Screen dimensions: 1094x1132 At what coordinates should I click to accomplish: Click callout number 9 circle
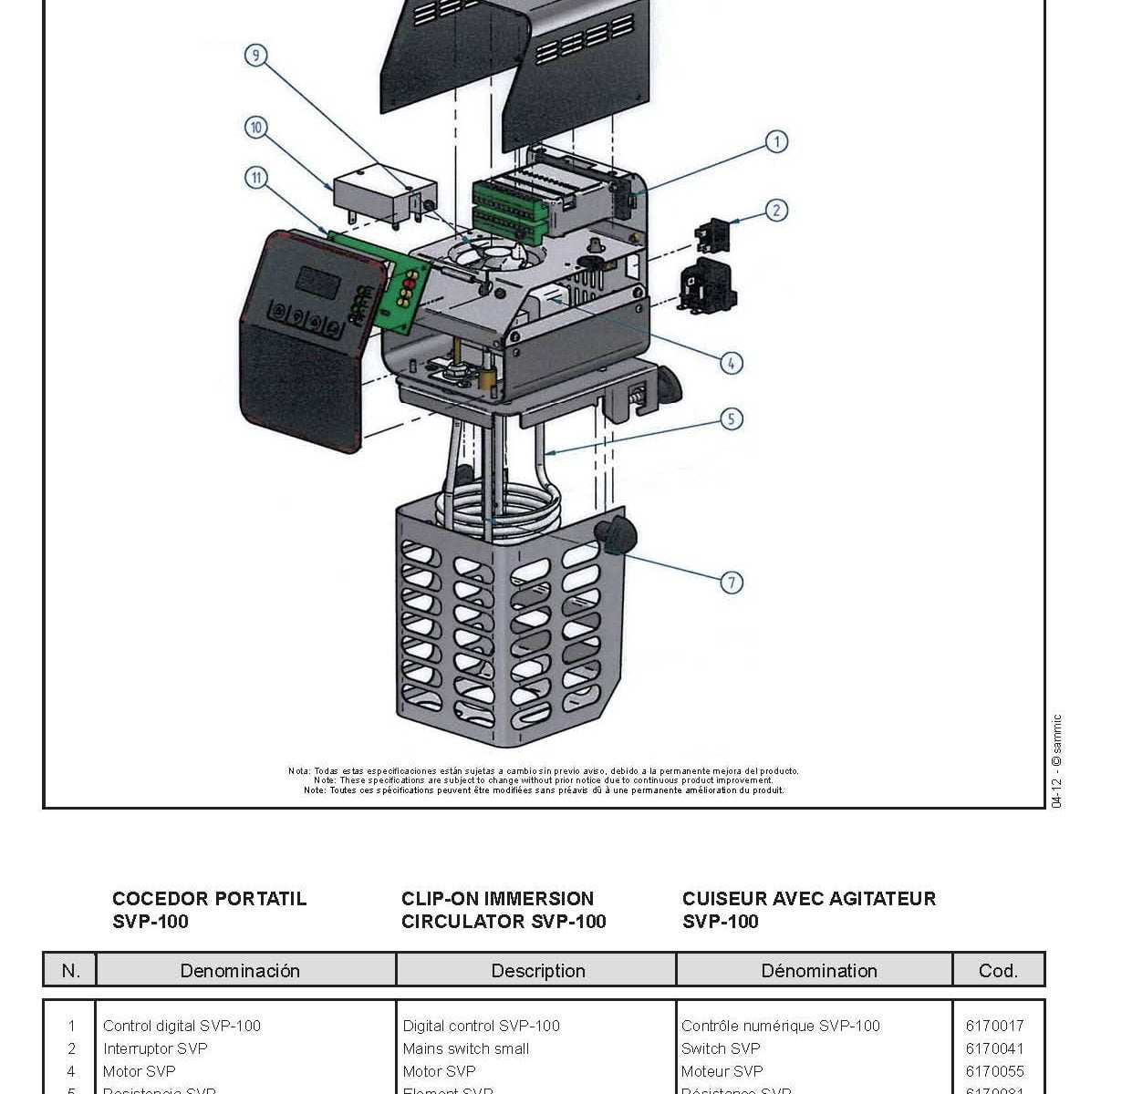click(x=256, y=56)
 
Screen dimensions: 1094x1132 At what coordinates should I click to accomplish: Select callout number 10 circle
click(x=256, y=128)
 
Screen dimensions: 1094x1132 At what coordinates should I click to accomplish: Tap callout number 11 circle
click(x=256, y=178)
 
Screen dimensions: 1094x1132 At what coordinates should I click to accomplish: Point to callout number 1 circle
click(x=776, y=141)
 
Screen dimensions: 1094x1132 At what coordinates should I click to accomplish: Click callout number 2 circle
click(x=776, y=211)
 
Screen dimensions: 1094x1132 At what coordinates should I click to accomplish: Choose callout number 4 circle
click(x=732, y=363)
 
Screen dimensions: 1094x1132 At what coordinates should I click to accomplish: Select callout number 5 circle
click(x=732, y=419)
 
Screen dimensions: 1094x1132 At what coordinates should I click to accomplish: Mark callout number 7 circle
click(x=732, y=583)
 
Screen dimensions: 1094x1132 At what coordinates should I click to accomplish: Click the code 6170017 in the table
click(x=994, y=1026)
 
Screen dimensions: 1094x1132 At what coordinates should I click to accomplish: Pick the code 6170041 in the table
click(x=994, y=1048)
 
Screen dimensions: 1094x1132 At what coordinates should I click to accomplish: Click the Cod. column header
click(x=998, y=971)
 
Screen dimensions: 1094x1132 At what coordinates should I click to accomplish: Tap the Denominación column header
click(x=240, y=971)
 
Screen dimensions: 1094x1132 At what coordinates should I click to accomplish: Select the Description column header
click(x=538, y=971)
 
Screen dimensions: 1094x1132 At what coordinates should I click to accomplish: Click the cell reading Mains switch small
click(x=465, y=1048)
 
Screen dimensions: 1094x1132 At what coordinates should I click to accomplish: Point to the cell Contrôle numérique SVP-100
click(x=780, y=1026)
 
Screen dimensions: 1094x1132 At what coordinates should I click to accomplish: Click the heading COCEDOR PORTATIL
click(x=209, y=899)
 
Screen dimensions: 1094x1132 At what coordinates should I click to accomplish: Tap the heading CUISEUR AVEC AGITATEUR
click(x=809, y=899)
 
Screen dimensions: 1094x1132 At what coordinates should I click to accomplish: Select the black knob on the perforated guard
click(x=617, y=533)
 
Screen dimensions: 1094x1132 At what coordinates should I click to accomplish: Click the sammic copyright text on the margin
click(x=1056, y=760)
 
